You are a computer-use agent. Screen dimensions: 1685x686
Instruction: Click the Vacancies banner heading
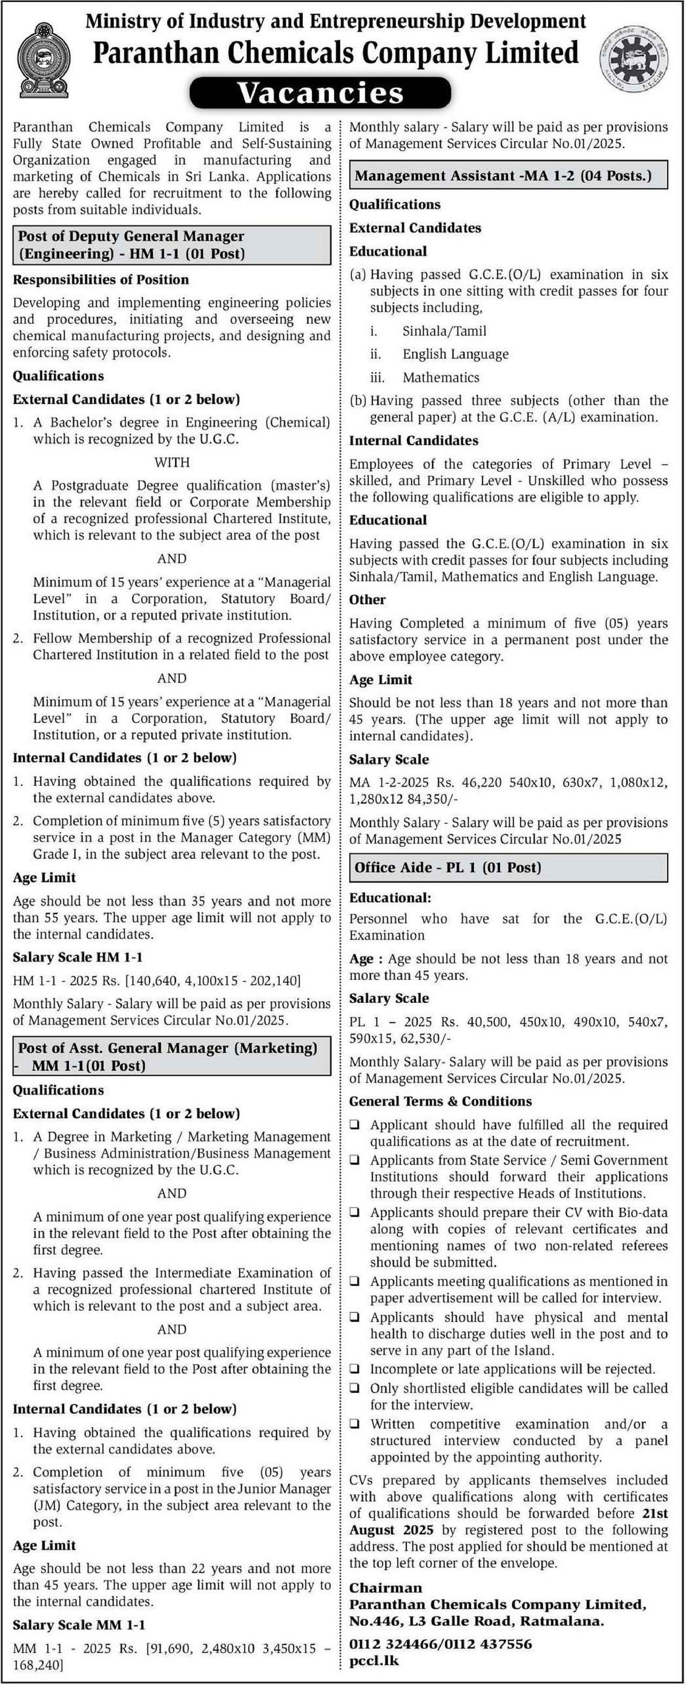(x=321, y=92)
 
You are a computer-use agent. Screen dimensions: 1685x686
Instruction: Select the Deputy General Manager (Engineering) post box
(x=172, y=245)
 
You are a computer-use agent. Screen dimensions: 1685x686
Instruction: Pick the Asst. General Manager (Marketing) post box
(x=172, y=1056)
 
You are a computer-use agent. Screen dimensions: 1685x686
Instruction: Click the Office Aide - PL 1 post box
(x=508, y=868)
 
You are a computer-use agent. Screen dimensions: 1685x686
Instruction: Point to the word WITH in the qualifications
(x=172, y=463)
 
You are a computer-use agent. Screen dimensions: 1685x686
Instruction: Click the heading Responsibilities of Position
(x=101, y=279)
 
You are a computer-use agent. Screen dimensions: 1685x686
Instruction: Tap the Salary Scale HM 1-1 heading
(x=77, y=957)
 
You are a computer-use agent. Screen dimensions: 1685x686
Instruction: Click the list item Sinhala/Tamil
(x=444, y=331)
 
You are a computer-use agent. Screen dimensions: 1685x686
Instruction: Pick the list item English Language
(x=455, y=354)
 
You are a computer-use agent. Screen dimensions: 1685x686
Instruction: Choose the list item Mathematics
(x=441, y=377)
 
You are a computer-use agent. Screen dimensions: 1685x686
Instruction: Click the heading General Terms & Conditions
(x=440, y=1101)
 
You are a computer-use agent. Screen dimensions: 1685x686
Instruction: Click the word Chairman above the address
(x=385, y=1587)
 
